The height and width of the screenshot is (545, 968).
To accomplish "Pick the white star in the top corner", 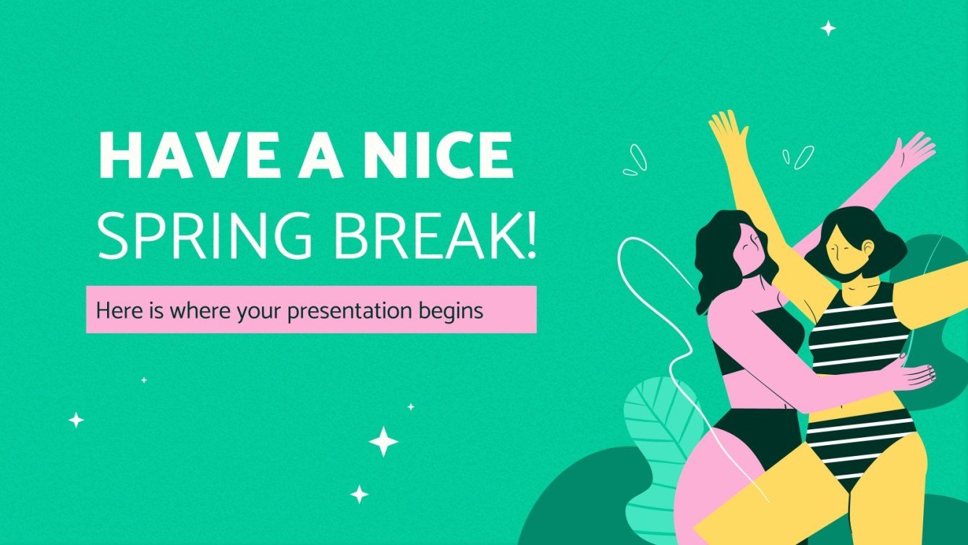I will tap(828, 28).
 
